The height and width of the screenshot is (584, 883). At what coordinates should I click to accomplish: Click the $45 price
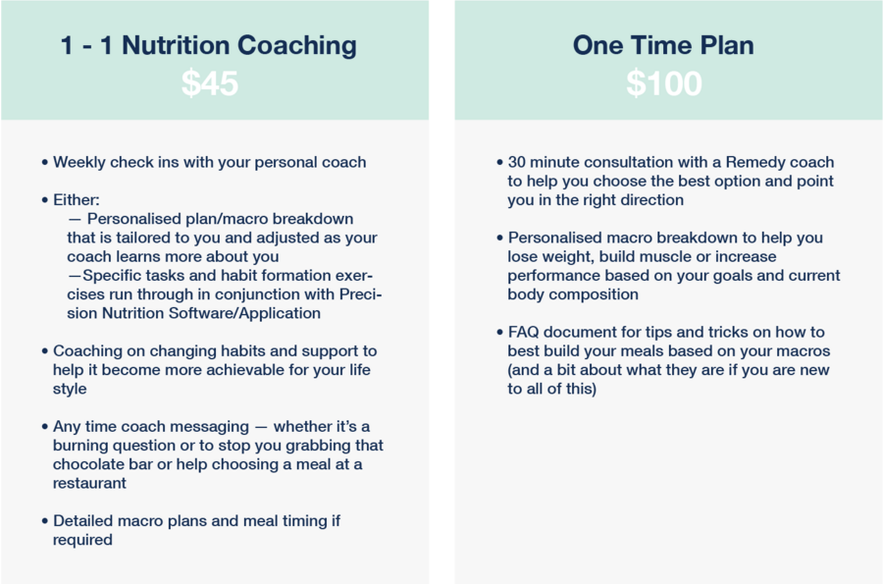[210, 83]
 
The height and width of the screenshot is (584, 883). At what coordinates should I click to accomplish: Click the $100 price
[664, 83]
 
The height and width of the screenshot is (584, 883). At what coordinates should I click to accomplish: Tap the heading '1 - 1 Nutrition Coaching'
[208, 45]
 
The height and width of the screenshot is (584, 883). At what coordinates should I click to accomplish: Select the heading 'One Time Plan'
[663, 45]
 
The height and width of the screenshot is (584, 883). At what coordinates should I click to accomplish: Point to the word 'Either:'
[76, 200]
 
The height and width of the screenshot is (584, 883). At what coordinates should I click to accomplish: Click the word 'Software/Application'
[244, 314]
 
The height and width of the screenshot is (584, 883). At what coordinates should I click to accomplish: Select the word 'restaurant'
[89, 483]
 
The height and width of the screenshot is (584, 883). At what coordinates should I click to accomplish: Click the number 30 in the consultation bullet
[516, 162]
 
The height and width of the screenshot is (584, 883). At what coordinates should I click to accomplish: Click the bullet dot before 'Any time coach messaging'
[45, 427]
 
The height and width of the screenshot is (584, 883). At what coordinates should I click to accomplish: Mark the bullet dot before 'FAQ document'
[499, 333]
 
